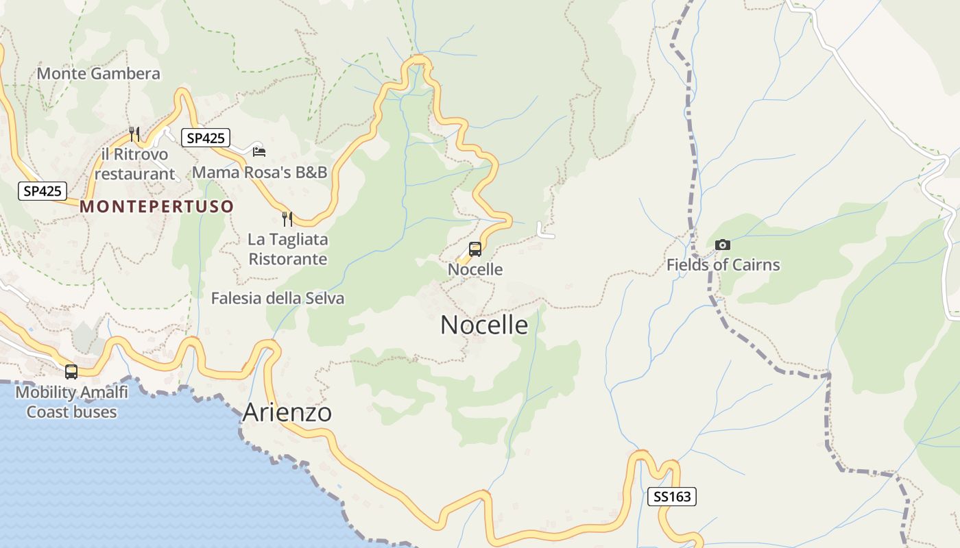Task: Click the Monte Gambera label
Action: tap(98, 73)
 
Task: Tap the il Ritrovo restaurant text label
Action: tap(134, 164)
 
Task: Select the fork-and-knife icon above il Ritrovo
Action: tap(134, 134)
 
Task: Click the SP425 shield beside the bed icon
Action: tap(206, 138)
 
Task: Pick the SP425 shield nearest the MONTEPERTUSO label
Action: tap(43, 191)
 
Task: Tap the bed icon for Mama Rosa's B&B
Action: tap(259, 151)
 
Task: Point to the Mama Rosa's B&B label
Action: tap(260, 172)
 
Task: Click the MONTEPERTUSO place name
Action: tap(157, 206)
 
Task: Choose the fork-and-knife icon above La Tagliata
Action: tap(287, 219)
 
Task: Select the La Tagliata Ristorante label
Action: tap(288, 249)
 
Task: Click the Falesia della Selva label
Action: tap(278, 298)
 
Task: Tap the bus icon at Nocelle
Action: tap(475, 249)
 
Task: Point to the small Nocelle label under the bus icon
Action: tap(475, 269)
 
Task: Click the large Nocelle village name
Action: tap(484, 325)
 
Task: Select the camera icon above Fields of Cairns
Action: tap(722, 245)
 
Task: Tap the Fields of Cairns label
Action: tap(723, 264)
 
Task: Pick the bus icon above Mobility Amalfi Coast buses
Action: tap(71, 372)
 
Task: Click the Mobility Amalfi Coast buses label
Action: tap(71, 402)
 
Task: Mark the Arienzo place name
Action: tap(287, 412)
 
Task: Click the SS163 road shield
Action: tap(672, 497)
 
